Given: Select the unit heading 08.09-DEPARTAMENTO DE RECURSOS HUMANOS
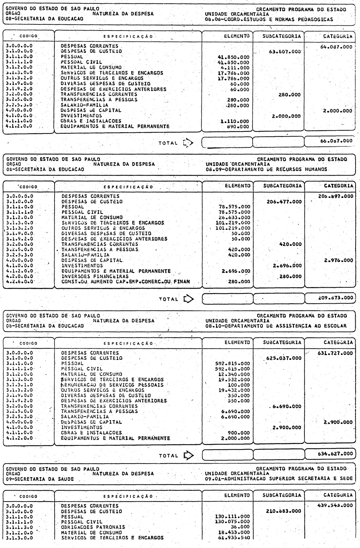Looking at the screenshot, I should point(266,169).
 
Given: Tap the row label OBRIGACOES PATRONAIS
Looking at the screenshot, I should point(93,527).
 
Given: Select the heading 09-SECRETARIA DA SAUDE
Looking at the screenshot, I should point(40,479).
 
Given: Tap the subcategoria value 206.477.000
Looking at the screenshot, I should point(284,202).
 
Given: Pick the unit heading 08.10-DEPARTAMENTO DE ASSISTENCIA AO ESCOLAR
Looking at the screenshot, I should point(276,326).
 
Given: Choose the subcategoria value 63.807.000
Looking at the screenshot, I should point(283,52).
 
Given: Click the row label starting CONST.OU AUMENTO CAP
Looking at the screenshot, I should point(125,281).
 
